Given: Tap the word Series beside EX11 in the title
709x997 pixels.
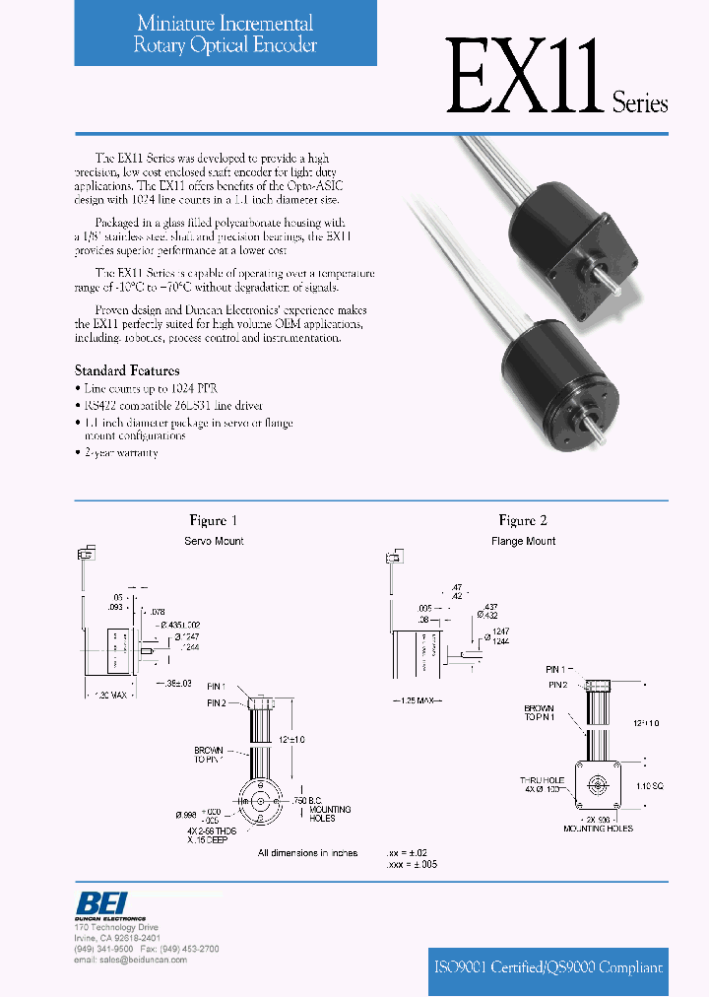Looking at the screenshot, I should pos(640,102).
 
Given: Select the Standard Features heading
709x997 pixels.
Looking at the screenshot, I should pos(127,370).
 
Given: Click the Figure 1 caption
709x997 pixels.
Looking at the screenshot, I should pos(214,520).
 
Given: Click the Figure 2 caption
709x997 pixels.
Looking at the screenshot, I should pos(523,520).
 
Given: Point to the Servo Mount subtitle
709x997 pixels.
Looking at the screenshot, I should pos(214,541).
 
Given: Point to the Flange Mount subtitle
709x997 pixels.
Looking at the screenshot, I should pos(523,541).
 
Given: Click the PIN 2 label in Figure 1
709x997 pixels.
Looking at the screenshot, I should pos(217,702).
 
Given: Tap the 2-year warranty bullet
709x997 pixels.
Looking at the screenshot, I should pos(118,452).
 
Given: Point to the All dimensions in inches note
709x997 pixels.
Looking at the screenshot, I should pos(307,853).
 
